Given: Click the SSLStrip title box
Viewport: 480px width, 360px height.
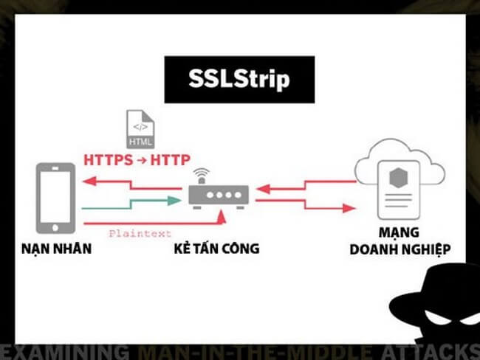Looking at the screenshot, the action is [x=239, y=80].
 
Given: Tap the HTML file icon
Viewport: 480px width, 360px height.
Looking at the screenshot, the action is [x=140, y=129].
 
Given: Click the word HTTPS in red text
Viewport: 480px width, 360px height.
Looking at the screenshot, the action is [x=109, y=160].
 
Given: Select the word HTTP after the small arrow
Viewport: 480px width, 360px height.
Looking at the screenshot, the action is [x=170, y=160].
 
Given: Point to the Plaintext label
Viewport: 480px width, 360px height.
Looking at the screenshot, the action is [x=140, y=234].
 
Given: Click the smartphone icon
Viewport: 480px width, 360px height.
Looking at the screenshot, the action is [x=55, y=198].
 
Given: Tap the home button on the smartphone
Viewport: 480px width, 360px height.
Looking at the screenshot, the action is [x=55, y=227].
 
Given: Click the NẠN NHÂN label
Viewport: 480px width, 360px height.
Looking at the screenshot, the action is [x=57, y=249].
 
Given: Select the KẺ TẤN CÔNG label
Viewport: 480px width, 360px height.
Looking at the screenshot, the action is [x=216, y=248].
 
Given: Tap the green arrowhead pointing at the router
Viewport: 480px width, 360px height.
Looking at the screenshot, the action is [x=175, y=201].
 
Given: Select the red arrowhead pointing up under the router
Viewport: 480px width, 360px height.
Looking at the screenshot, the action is [x=221, y=217].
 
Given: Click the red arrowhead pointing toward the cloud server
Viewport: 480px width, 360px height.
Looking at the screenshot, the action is [x=349, y=208].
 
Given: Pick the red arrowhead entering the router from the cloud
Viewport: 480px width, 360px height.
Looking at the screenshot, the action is [x=264, y=189].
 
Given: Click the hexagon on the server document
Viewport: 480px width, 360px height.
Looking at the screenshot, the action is [x=398, y=178].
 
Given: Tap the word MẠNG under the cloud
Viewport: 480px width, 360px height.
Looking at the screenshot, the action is [x=399, y=232].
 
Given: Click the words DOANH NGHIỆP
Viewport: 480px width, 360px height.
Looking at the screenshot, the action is [x=400, y=249].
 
